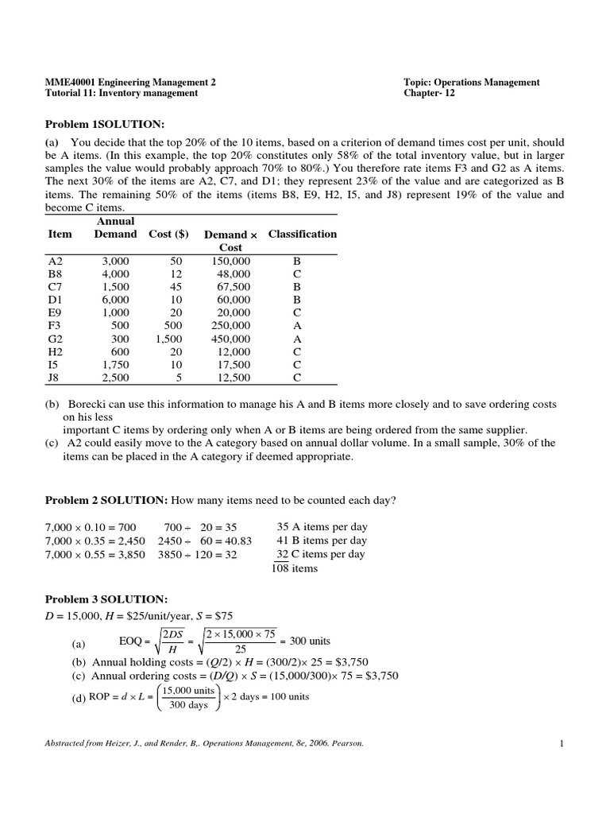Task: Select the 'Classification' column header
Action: [x=303, y=234]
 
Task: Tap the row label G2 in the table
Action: [x=56, y=338]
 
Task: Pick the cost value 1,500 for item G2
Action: [x=168, y=338]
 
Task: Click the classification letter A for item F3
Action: [x=296, y=325]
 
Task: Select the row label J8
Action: [x=55, y=377]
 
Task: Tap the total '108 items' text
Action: [x=295, y=568]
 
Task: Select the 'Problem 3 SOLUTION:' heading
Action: [x=106, y=599]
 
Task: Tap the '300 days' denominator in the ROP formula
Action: [x=189, y=704]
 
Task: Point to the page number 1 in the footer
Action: [x=561, y=743]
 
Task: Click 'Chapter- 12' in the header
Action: [x=430, y=93]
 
